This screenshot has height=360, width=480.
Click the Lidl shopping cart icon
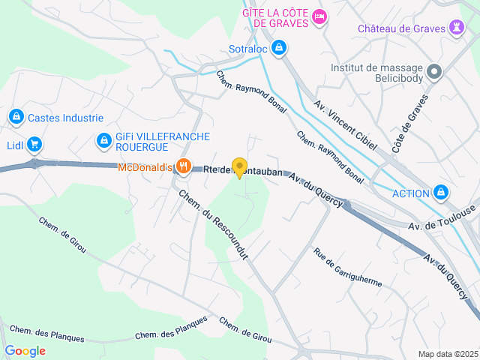[34, 144]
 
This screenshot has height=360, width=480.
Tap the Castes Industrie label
[65, 118]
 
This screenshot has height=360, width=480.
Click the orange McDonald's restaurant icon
[181, 167]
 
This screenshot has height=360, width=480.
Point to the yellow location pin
[239, 168]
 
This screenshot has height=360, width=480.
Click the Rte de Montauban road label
[244, 172]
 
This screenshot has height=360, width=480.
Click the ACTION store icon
[442, 193]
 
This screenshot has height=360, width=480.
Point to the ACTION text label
[410, 193]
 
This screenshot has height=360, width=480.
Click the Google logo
[25, 351]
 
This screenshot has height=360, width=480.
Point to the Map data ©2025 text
[447, 354]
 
